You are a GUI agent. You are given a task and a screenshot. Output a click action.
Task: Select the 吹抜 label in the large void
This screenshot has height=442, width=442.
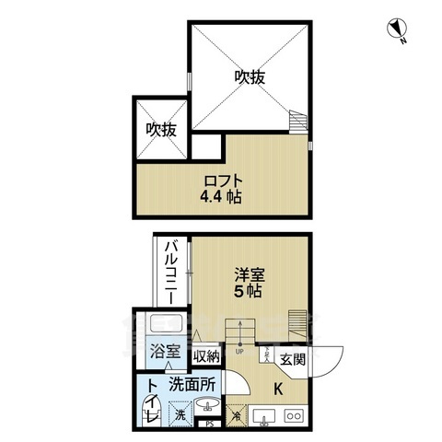coord(248,77)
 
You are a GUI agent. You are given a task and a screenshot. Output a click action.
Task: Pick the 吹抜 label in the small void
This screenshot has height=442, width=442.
coord(161,129)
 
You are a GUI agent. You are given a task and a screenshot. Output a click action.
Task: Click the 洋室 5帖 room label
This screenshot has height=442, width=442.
coord(247,281)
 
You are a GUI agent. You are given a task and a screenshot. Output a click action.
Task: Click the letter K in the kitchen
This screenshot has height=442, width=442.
coord(278,388)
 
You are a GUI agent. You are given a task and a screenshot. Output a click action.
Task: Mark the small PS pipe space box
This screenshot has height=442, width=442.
coord(209,425)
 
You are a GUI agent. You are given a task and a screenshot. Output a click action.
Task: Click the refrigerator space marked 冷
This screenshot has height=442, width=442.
coord(236,415)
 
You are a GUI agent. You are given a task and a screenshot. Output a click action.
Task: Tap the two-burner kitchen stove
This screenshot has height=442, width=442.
coord(294,415)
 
